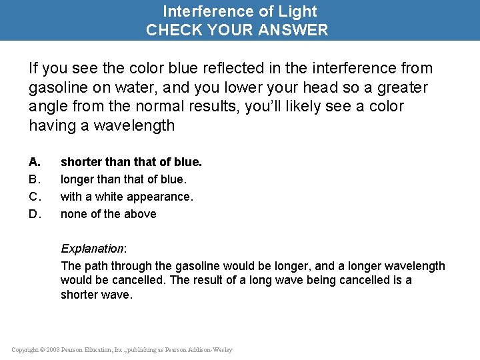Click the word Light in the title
point(300,11)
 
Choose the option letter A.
point(35,162)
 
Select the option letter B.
point(35,179)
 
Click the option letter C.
point(35,197)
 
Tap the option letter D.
point(35,214)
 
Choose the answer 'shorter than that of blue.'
point(131,162)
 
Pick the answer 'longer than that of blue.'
point(123,179)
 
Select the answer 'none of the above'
point(109,214)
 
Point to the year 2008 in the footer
point(53,350)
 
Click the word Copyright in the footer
point(25,350)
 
